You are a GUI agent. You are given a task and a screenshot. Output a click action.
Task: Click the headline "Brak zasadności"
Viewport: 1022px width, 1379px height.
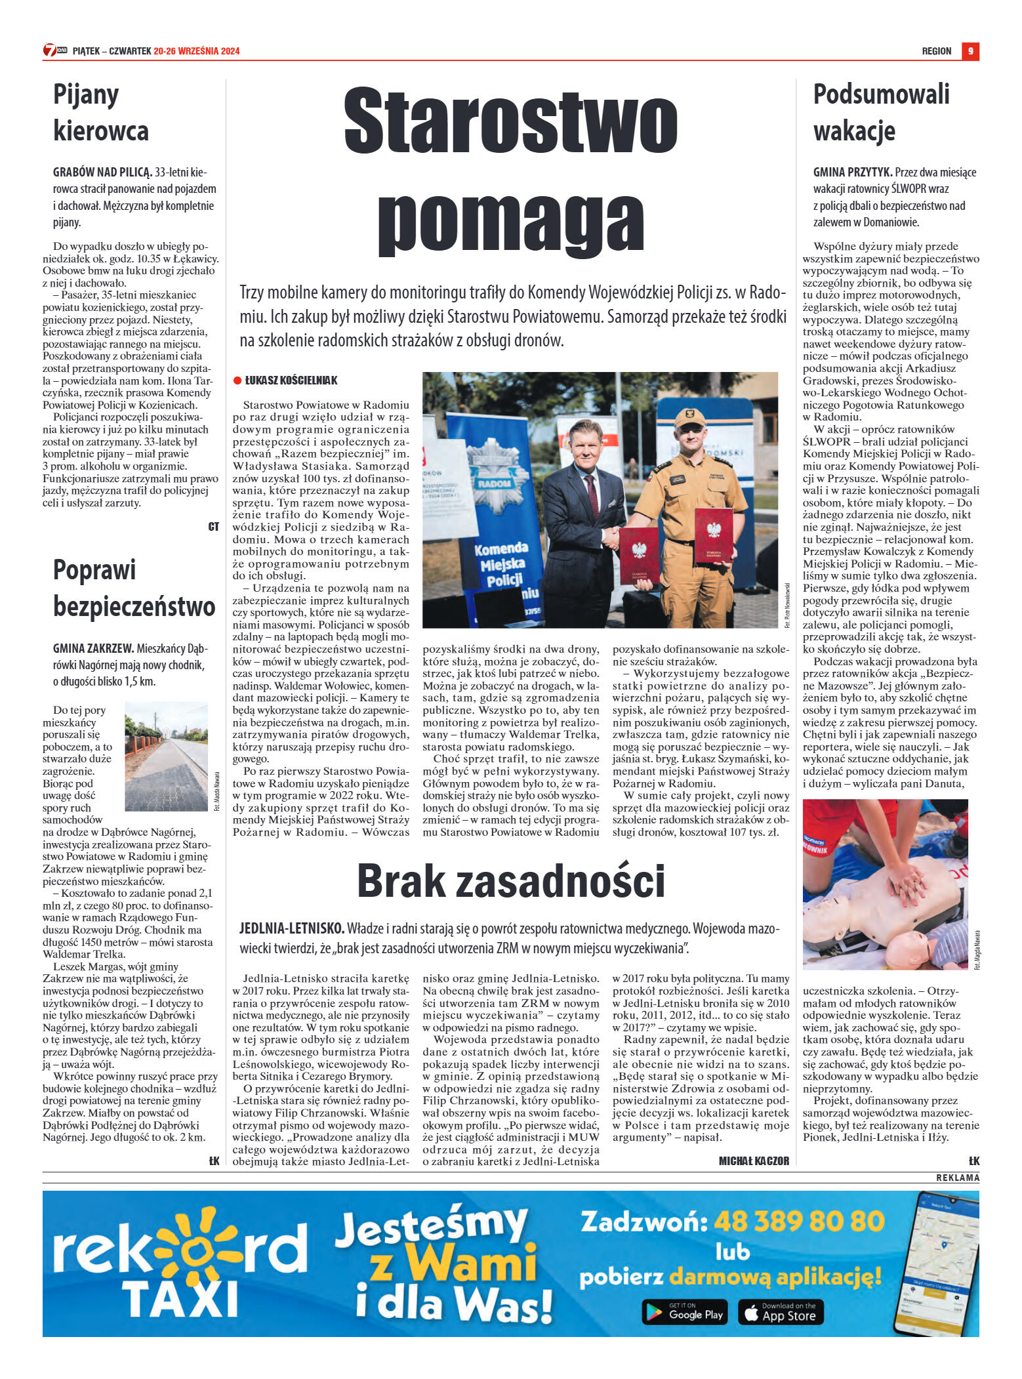pos(510,881)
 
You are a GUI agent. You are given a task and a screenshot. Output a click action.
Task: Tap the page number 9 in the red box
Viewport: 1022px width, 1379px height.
pos(970,51)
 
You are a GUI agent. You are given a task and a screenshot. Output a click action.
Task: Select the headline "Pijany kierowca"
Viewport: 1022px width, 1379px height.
pos(101,112)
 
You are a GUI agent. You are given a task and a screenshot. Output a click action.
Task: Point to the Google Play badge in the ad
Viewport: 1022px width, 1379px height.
pos(684,1311)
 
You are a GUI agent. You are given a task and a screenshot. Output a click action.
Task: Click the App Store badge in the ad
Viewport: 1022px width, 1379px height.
pos(781,1311)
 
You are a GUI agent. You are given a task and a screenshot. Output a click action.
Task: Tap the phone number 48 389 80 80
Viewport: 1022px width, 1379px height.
pos(799,1222)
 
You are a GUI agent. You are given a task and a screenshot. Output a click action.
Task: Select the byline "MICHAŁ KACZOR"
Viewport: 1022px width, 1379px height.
pos(754,1161)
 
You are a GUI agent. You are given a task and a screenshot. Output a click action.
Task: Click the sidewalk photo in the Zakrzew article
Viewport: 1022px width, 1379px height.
pos(166,756)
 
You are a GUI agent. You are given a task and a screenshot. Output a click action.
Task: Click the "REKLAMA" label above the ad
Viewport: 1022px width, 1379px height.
pos(957,1178)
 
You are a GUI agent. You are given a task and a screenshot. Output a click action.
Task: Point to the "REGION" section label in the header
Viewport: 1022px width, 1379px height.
pos(936,51)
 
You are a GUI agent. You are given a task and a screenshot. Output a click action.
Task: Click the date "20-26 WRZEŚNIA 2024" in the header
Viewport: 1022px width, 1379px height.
pos(197,51)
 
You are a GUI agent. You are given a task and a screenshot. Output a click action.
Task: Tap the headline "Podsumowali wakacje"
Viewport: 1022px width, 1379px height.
pos(881,112)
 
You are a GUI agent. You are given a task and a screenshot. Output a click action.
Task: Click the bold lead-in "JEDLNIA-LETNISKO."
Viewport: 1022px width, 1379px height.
pos(292,928)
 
